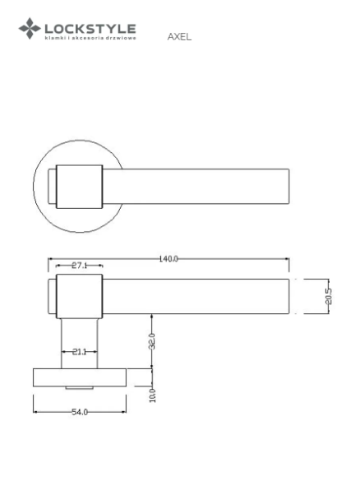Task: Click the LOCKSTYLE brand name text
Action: (x=90, y=29)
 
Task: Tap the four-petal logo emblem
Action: (x=30, y=28)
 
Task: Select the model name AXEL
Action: (x=179, y=37)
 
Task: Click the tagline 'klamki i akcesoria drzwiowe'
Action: (x=90, y=38)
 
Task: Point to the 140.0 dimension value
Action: (x=168, y=259)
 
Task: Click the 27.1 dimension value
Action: (x=80, y=266)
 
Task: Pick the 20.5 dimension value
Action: (x=329, y=296)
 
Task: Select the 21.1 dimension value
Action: (x=80, y=352)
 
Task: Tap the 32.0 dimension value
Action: (x=152, y=341)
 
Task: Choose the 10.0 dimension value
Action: (x=152, y=395)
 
